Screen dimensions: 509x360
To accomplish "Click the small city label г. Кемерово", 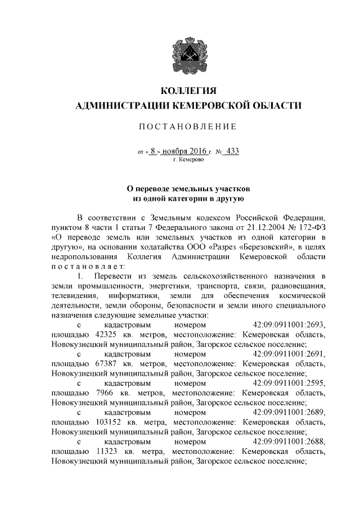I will coord(188,161).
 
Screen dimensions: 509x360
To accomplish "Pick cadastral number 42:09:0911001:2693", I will coord(289,325).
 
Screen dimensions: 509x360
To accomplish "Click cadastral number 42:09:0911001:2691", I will coord(289,354).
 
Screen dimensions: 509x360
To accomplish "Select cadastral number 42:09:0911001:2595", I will coord(289,384).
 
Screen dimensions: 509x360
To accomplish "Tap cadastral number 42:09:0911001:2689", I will coord(289,413).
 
